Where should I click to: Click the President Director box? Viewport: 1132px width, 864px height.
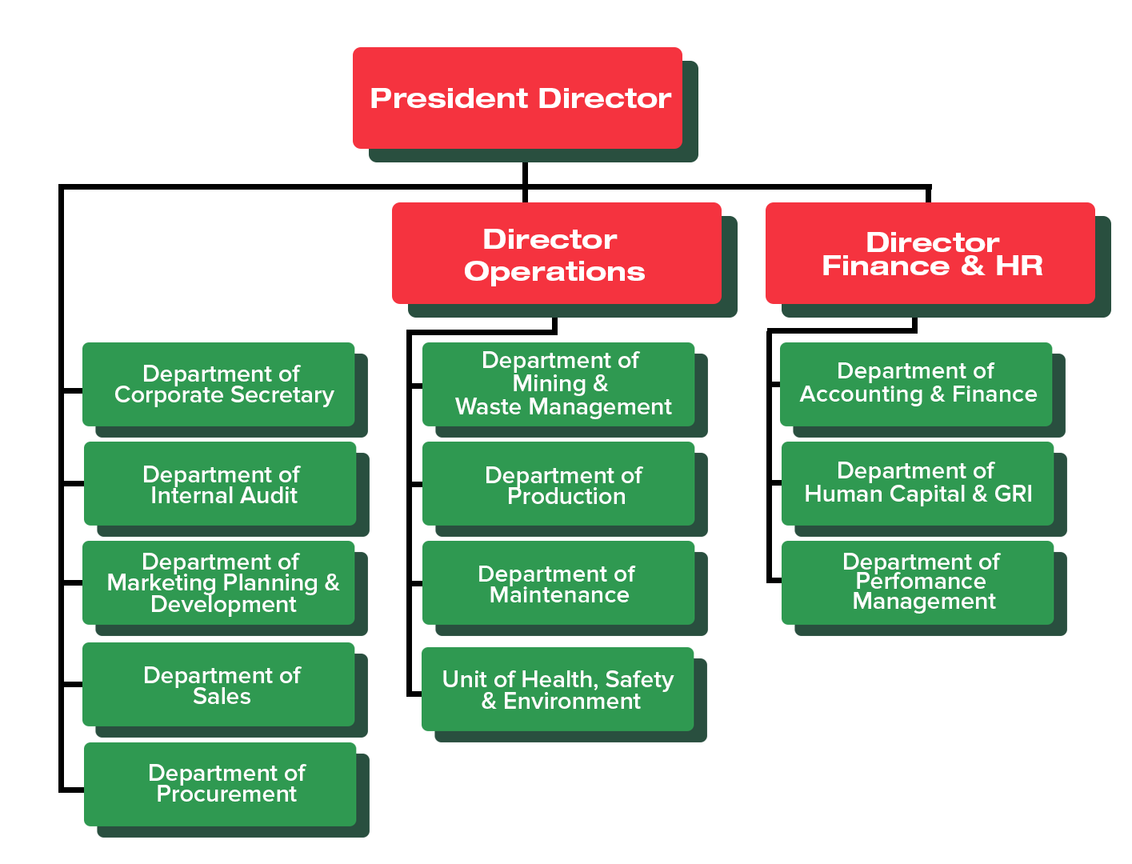pyautogui.click(x=518, y=98)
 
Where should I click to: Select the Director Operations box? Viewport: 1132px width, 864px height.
pyautogui.click(x=557, y=253)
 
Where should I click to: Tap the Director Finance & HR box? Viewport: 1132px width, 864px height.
pyautogui.click(x=930, y=253)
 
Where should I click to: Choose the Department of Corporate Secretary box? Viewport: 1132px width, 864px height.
pyautogui.click(x=218, y=384)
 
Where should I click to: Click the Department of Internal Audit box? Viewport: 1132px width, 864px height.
pyautogui.click(x=220, y=483)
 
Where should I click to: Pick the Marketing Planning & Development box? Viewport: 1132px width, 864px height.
pyautogui.click(x=218, y=582)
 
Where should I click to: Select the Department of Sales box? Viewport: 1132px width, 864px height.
pyautogui.click(x=218, y=684)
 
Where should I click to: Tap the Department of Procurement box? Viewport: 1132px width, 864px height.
pyautogui.click(x=220, y=784)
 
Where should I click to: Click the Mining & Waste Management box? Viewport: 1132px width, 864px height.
pyautogui.click(x=558, y=384)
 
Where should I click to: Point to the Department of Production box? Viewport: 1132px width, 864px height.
pyautogui.click(x=558, y=483)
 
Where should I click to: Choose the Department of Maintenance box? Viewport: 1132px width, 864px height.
pyautogui.click(x=558, y=582)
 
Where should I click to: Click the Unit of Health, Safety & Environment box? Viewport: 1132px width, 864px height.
pyautogui.click(x=558, y=689)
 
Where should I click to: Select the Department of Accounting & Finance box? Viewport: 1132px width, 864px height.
pyautogui.click(x=916, y=384)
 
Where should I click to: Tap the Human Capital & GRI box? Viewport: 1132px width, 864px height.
pyautogui.click(x=918, y=483)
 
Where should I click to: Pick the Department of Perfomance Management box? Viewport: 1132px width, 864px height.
pyautogui.click(x=918, y=582)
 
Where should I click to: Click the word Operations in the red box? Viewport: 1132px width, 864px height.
pyautogui.click(x=554, y=272)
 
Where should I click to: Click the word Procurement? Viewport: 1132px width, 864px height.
pyautogui.click(x=226, y=794)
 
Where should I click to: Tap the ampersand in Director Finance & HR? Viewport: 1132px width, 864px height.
pyautogui.click(x=972, y=266)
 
